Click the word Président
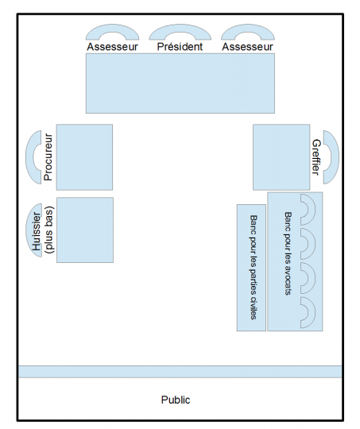coord(180,47)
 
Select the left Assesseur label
coord(113,47)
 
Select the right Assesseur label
coord(247,47)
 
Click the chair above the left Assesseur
coord(113,29)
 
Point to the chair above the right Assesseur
coord(248,29)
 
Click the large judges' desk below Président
coord(180,83)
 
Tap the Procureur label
coord(48,157)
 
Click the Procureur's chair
coord(29,157)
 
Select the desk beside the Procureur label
coord(84,157)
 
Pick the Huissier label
coord(37,231)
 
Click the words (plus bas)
coord(49,230)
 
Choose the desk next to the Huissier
coord(85,230)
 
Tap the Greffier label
coord(316,157)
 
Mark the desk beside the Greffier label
coord(281,157)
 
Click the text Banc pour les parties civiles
coord(254,267)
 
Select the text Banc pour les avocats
coord(288,253)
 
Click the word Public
coord(176,400)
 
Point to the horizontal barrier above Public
coord(180,372)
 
